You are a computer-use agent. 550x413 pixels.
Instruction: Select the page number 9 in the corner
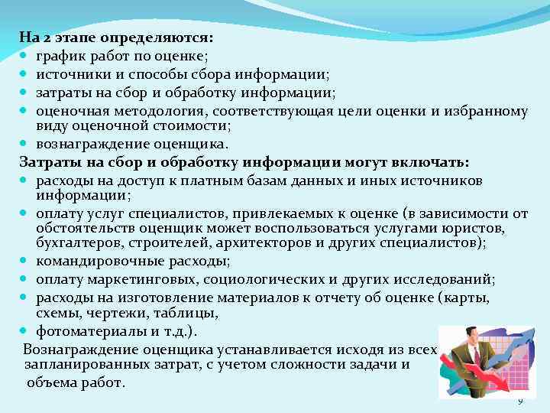(521, 401)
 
